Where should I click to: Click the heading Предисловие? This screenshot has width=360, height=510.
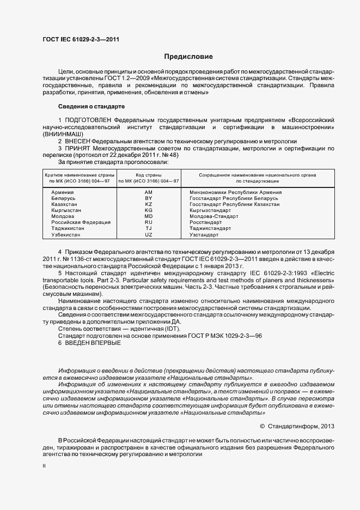pyautogui.click(x=188, y=57)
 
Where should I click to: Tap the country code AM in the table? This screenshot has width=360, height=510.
pyautogui.click(x=148, y=192)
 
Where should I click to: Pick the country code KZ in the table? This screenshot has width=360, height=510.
pyautogui.click(x=148, y=204)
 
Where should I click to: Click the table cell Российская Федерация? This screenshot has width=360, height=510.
pyautogui.click(x=81, y=222)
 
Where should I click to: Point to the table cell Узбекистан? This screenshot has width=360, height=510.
pyautogui.click(x=65, y=234)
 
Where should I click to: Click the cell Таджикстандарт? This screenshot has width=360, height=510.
pyautogui.click(x=210, y=228)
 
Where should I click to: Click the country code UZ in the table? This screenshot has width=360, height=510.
pyautogui.click(x=148, y=234)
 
